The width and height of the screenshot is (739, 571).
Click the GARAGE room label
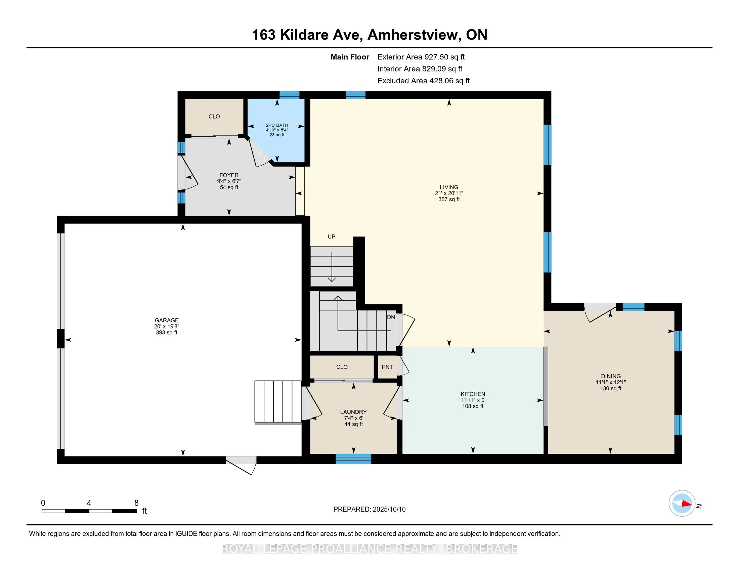pyautogui.click(x=167, y=320)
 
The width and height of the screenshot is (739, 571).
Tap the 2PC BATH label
pyautogui.click(x=277, y=125)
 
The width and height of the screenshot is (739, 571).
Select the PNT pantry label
pyautogui.click(x=387, y=367)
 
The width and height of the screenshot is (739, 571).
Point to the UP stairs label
pyautogui.click(x=331, y=236)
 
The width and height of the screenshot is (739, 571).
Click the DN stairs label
pyautogui.click(x=391, y=317)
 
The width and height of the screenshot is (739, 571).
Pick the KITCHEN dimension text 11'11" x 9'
pyautogui.click(x=473, y=400)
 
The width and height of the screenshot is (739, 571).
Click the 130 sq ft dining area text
pyautogui.click(x=611, y=388)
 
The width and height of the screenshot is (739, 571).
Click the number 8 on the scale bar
pyautogui.click(x=136, y=503)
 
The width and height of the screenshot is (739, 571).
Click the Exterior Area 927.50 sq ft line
pyautogui.click(x=421, y=57)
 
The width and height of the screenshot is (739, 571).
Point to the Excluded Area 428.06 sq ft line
pyautogui.click(x=424, y=81)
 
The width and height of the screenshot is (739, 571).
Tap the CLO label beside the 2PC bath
pyautogui.click(x=214, y=116)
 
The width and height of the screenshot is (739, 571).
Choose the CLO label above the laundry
pyautogui.click(x=342, y=367)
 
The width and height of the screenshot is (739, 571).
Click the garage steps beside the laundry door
pyautogui.click(x=278, y=402)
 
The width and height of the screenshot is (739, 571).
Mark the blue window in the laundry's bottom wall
pyautogui.click(x=353, y=459)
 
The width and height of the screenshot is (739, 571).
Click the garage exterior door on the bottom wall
pyautogui.click(x=241, y=465)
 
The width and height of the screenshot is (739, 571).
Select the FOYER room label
pyautogui.click(x=229, y=175)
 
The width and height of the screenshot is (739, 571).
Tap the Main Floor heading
pyautogui.click(x=350, y=57)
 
